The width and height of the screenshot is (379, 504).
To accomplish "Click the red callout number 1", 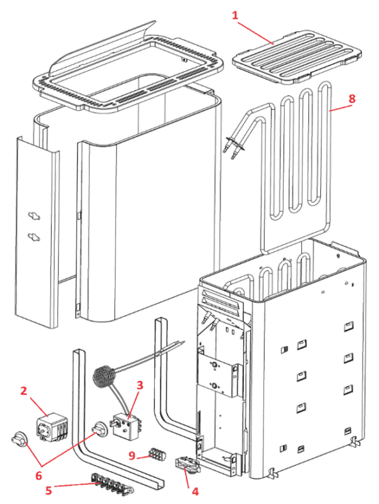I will (x=235, y=15).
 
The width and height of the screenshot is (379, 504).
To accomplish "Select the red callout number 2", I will (x=23, y=391).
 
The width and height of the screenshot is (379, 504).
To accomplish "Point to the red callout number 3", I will (x=140, y=385).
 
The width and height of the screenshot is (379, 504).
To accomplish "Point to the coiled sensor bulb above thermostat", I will (x=105, y=377).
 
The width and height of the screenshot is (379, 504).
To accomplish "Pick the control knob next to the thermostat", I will (x=100, y=429).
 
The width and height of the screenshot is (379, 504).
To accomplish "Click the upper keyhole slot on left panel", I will (x=33, y=216).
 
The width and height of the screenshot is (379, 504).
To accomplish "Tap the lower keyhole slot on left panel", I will (x=33, y=237).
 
